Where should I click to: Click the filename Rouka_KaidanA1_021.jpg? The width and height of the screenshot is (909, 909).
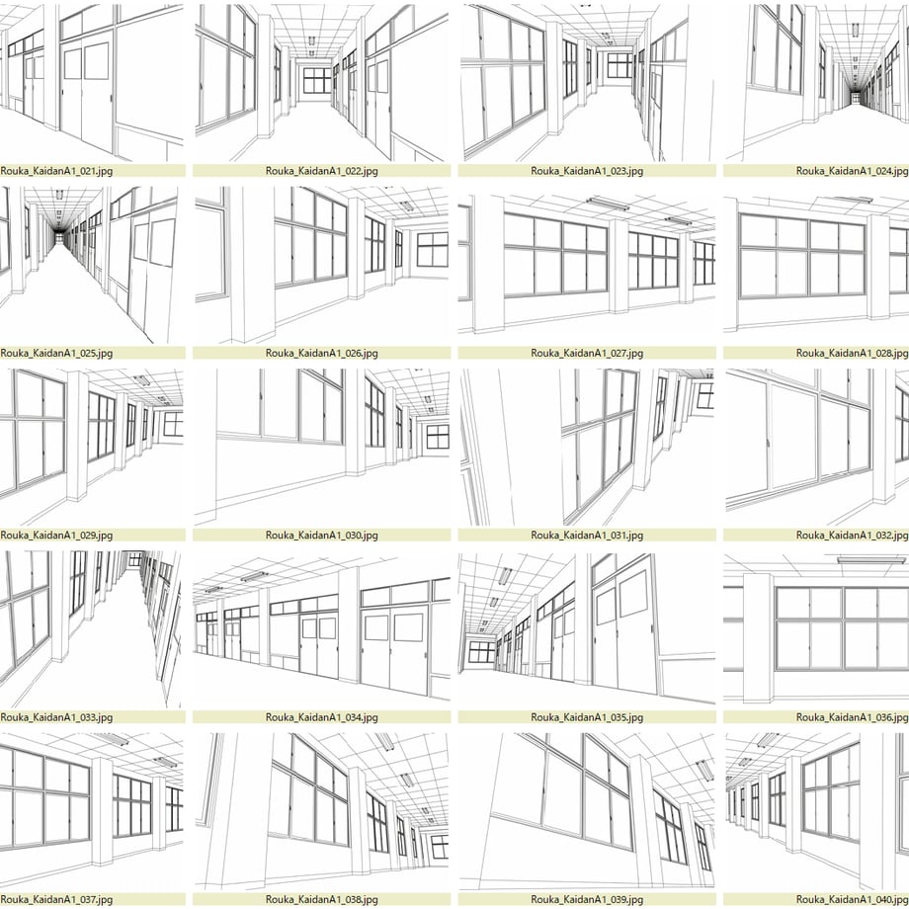coord(56,171)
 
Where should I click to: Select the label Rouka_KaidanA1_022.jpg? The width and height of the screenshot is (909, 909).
coord(322,171)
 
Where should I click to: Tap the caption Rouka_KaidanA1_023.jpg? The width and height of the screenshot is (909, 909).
coord(587,171)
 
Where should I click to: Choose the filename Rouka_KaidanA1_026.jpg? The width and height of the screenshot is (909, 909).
coord(322,353)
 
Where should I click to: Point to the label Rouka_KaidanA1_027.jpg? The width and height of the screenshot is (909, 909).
coord(587,353)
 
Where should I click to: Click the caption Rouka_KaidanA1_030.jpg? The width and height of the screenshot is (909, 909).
coord(322,536)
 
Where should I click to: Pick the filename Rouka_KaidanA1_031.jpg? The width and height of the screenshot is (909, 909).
coord(587,536)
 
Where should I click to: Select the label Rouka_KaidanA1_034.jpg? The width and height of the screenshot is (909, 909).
coord(322,717)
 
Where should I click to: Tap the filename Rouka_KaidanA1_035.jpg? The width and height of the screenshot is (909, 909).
coord(587,717)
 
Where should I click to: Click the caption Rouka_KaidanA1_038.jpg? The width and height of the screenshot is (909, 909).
coord(322,900)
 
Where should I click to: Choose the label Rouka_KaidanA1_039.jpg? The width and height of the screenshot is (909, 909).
coord(587,900)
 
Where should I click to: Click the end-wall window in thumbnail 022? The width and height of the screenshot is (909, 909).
coord(317,81)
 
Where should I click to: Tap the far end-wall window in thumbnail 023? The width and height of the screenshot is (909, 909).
coord(620,65)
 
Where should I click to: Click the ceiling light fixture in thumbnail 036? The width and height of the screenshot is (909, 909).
coord(871,559)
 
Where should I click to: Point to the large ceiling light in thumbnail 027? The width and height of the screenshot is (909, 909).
coord(607,204)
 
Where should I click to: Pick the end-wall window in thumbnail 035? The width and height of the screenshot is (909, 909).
coord(482,651)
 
